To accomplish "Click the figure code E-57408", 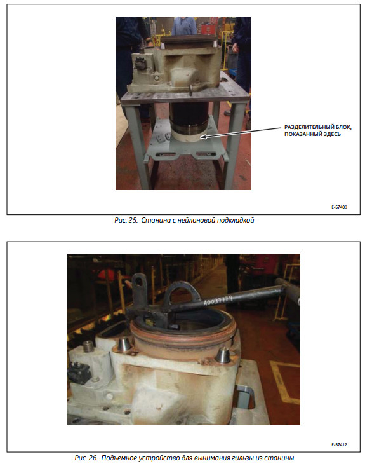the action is tap(339, 207).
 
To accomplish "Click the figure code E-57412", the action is tap(339, 444).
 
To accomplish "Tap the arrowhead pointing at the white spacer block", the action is tap(203, 137).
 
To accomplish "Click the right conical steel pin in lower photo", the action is tap(223, 355).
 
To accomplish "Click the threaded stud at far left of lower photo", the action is tap(87, 346).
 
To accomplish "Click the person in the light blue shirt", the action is tap(184, 25).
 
